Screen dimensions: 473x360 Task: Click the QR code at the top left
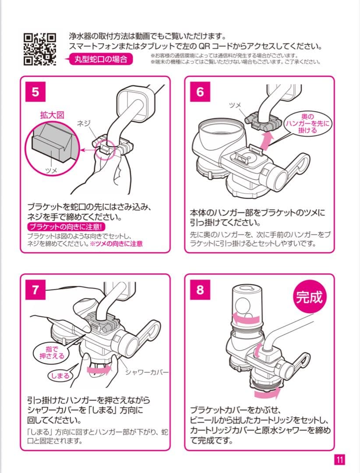(40, 49)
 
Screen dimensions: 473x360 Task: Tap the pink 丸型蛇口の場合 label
(101, 59)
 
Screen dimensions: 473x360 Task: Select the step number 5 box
(35, 92)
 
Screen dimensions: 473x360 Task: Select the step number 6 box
(200, 92)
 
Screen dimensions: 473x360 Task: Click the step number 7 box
(35, 290)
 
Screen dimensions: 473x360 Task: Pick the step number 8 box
(200, 290)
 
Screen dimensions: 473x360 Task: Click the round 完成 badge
(309, 298)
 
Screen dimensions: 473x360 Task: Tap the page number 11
(340, 459)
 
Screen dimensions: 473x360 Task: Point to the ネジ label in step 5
(83, 124)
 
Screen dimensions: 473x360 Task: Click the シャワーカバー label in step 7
(147, 372)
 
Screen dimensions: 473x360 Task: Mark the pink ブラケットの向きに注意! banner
(66, 227)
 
